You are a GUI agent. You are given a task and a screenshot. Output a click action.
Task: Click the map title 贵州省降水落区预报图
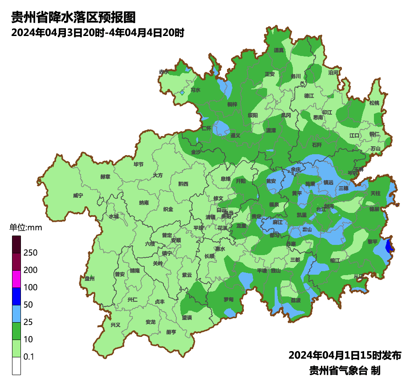[x=73, y=17]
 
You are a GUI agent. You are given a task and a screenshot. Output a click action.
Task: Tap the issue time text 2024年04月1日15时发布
[x=345, y=355]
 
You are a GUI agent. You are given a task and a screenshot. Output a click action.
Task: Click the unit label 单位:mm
[x=25, y=228]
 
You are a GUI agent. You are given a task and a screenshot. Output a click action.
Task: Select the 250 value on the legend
[x=30, y=253]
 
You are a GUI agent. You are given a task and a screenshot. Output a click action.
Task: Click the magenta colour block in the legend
[x=16, y=279]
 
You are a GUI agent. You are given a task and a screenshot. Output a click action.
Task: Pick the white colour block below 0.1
[x=16, y=366]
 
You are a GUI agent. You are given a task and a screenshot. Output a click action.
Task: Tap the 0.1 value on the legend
[x=29, y=357]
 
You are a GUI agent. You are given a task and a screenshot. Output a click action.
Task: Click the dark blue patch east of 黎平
[x=389, y=246]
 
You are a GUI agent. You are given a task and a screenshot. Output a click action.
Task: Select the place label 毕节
[x=138, y=164]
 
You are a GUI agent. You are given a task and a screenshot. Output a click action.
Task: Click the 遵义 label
[x=235, y=136]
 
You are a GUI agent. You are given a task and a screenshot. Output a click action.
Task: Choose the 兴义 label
[x=115, y=324]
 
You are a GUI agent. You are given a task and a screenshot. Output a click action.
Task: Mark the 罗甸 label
[x=228, y=300]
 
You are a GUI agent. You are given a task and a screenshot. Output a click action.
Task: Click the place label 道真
[x=279, y=50]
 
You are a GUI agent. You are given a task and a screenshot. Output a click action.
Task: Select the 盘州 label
[x=89, y=278]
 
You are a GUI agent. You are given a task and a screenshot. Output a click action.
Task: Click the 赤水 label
[x=164, y=72]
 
